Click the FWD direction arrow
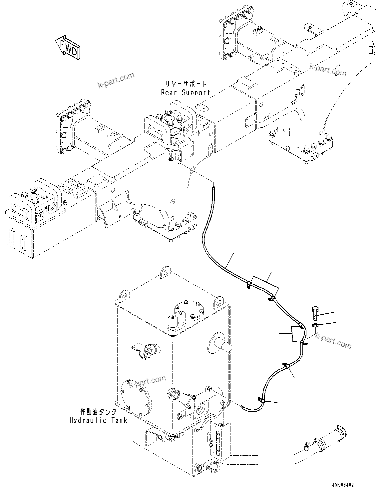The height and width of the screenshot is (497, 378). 68,47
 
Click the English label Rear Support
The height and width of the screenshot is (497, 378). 186,93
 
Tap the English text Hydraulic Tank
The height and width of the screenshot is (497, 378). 98,420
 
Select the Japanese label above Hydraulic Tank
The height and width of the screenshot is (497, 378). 98,412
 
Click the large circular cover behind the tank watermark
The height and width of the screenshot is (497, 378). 135,397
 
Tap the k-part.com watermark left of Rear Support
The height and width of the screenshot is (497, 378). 116,80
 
